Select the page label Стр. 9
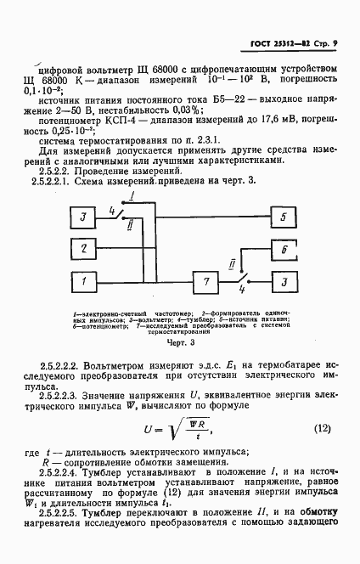coord(324,43)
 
